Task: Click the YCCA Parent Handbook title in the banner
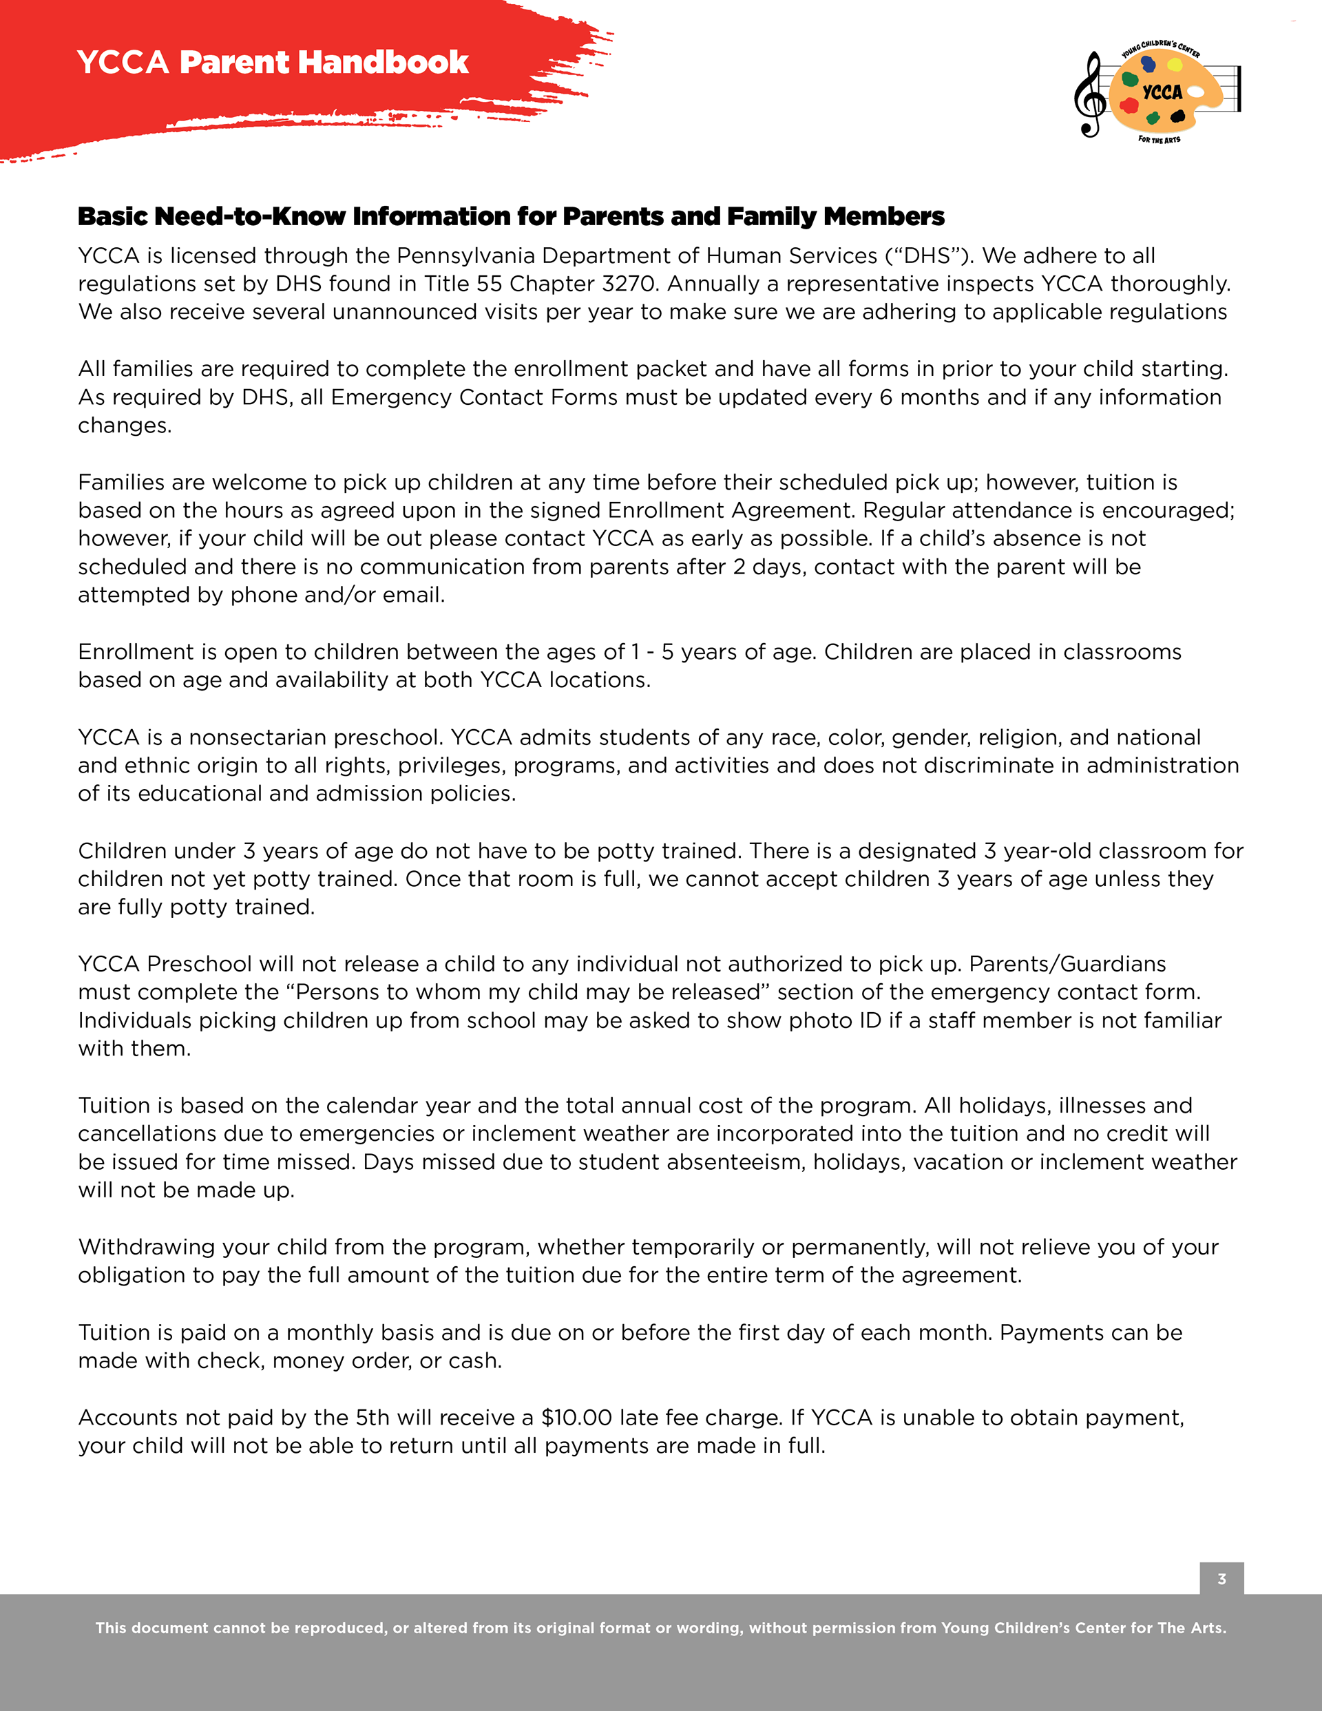tap(273, 63)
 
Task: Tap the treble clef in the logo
tap(1089, 94)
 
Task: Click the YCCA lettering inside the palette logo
tap(1162, 92)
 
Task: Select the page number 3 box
tap(1221, 1579)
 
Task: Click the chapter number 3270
tap(628, 284)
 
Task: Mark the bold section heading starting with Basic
tap(511, 216)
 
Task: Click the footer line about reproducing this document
tap(660, 1628)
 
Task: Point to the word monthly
tap(329, 1332)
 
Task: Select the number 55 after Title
tap(489, 284)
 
